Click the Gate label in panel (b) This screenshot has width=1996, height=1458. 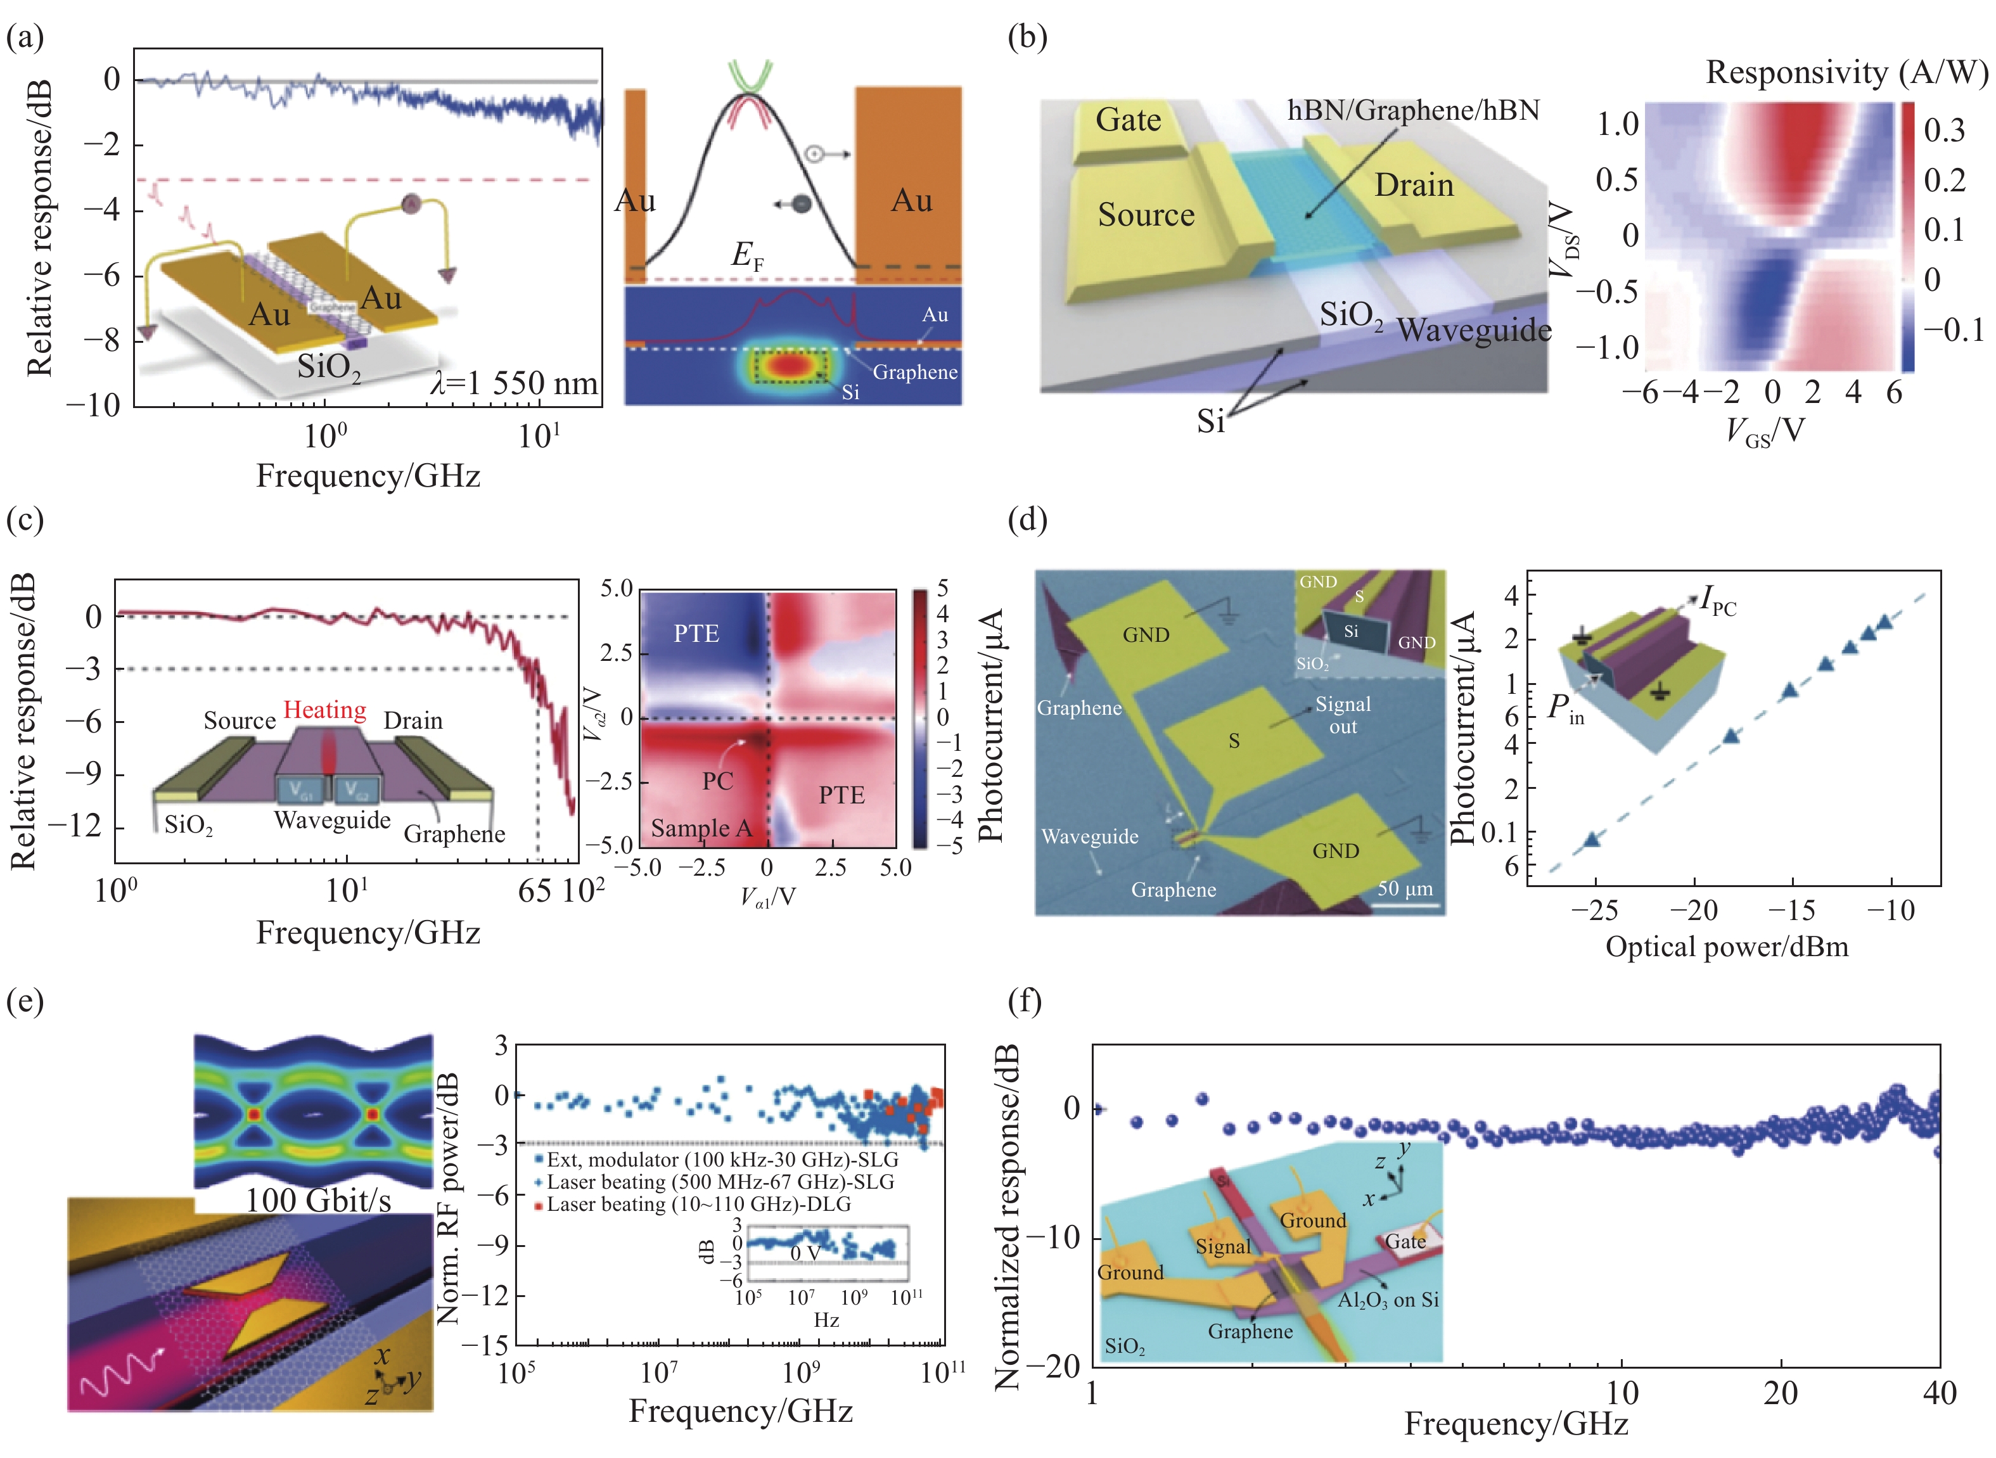[x=1128, y=120]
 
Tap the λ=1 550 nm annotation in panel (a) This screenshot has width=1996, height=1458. [x=515, y=383]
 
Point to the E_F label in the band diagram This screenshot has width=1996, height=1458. [x=746, y=255]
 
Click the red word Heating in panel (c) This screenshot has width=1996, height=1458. [x=324, y=710]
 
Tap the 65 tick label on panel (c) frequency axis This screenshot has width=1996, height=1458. [x=535, y=892]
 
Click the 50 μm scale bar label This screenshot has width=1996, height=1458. [x=1405, y=888]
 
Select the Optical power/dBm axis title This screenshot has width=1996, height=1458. [x=1726, y=947]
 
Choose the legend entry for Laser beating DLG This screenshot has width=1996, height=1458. [x=697, y=1205]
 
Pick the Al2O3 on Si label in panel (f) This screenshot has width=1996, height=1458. [x=1388, y=1300]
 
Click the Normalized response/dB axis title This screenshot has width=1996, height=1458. [x=1007, y=1218]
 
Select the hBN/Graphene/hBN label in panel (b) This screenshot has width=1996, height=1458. [x=1414, y=110]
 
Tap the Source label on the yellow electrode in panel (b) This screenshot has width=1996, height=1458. [x=1146, y=214]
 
